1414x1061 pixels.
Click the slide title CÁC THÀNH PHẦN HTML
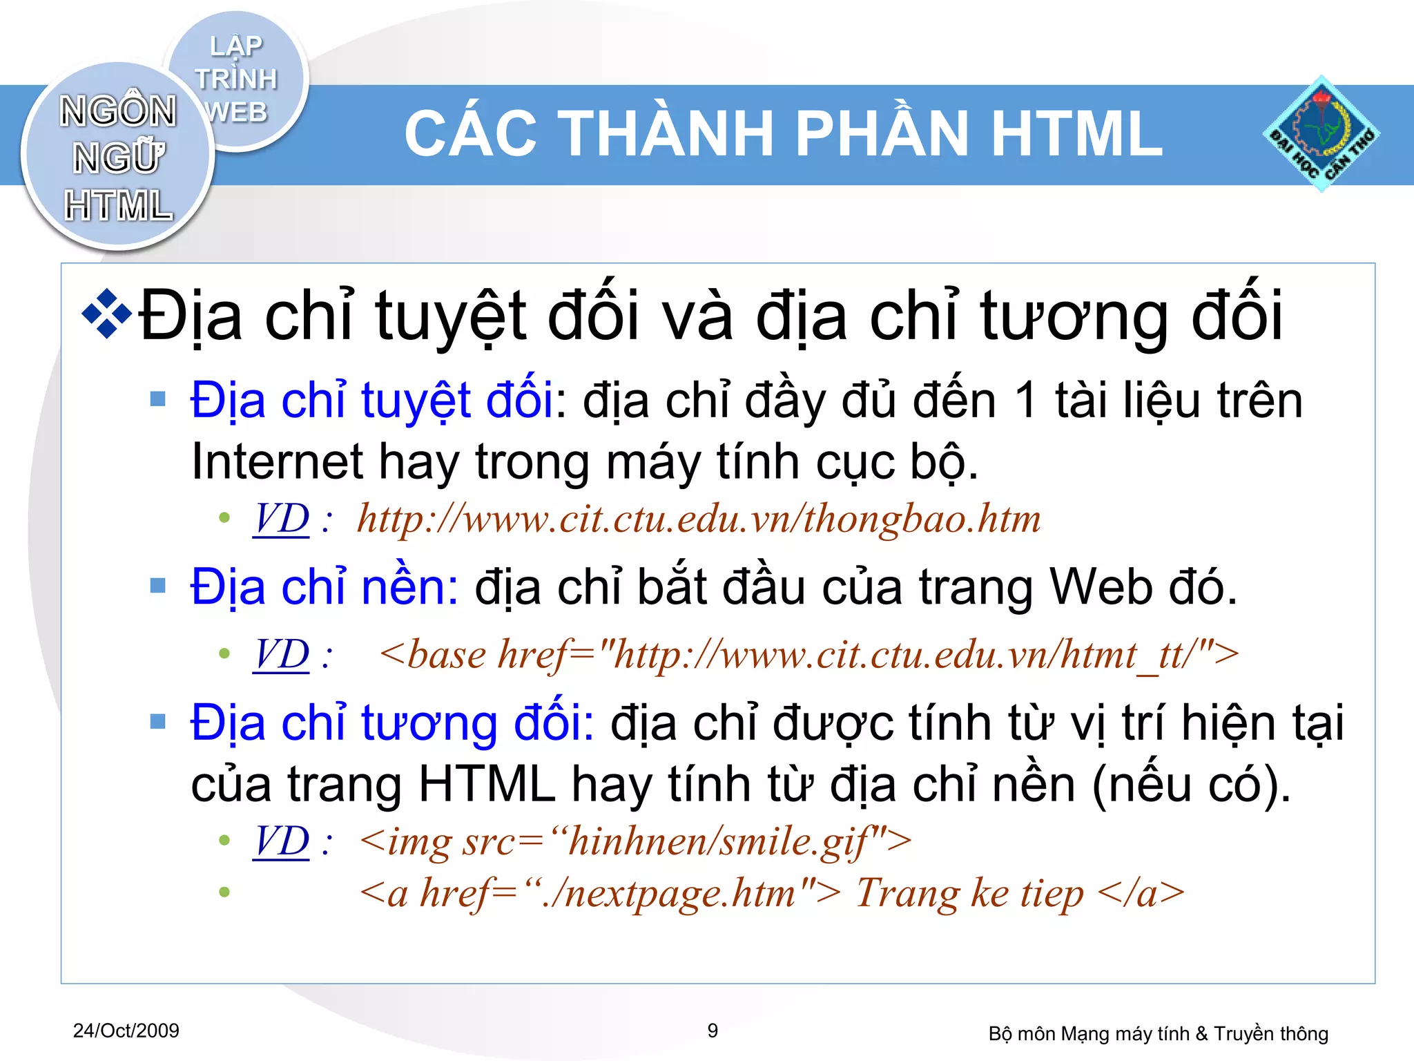pos(783,134)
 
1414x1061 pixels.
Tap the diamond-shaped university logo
pos(1321,134)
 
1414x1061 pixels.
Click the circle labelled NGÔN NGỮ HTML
pos(117,157)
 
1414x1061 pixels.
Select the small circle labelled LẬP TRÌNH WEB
pos(236,79)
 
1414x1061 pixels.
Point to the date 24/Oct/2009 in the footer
pos(126,1031)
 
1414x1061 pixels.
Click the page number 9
pos(713,1031)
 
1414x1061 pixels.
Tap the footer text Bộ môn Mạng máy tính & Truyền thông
pos(1158,1033)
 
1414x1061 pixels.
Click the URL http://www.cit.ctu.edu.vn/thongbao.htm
pos(698,519)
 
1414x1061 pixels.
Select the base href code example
pos(808,654)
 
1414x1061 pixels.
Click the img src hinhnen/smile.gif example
pos(635,841)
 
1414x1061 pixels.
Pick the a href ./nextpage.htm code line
pos(771,892)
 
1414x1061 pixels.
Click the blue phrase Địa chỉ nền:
pos(324,587)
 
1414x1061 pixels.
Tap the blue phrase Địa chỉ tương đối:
pos(391,723)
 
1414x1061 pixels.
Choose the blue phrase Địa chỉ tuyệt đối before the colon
pos(371,401)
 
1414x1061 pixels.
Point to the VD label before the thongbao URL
pos(281,519)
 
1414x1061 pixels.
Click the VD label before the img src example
pos(281,841)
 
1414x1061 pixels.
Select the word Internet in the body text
pos(276,461)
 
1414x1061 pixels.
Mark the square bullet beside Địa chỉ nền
pos(158,586)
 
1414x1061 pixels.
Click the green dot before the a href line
pos(224,892)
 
